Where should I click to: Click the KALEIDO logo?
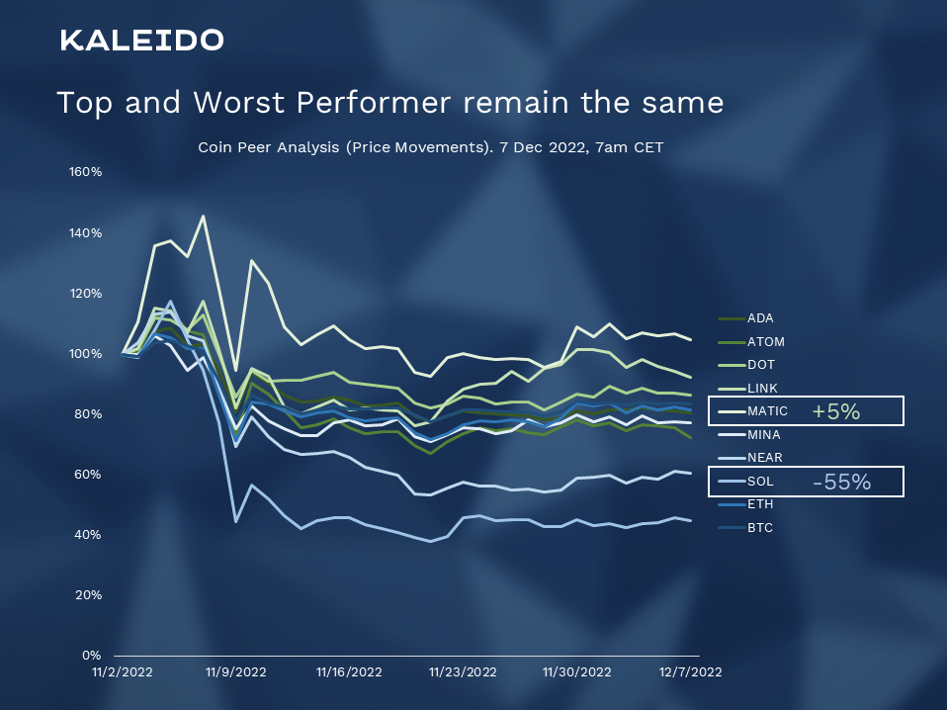141,41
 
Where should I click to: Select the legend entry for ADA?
760,318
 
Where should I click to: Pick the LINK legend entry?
761,388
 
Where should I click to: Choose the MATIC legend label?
767,411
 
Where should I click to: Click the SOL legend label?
760,482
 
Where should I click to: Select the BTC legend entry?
760,528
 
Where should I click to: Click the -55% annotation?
841,482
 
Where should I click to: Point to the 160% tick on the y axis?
85,172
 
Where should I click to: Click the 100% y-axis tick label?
85,354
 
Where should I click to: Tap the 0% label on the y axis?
91,656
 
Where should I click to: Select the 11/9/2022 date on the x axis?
235,671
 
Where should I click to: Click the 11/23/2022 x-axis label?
463,671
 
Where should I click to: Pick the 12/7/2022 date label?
689,671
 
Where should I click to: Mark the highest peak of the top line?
203,216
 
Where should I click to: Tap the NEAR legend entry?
764,458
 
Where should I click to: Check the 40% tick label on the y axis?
88,535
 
